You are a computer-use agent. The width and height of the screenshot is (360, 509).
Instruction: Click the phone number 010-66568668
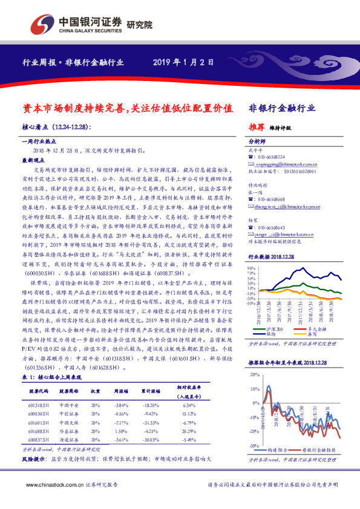tap(274, 199)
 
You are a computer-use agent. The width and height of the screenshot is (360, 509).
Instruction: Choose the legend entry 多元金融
tap(320, 329)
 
